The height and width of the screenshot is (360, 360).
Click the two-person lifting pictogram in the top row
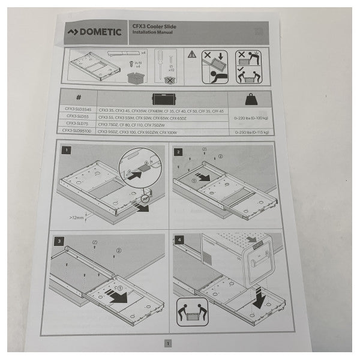[x=248, y=67]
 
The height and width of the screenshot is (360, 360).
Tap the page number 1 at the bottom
[x=168, y=343]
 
